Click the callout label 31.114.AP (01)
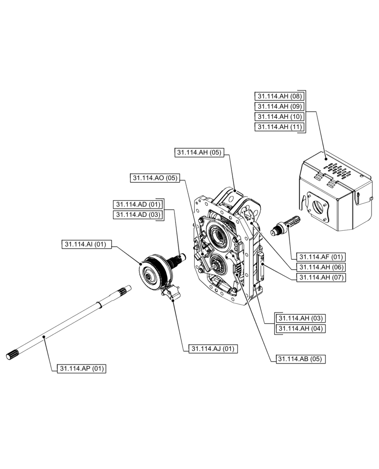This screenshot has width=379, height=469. pyautogui.click(x=82, y=369)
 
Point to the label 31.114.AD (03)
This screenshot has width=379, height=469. pyautogui.click(x=137, y=214)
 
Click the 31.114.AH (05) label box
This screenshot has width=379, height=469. pyautogui.click(x=199, y=152)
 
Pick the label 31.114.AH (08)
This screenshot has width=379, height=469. pyautogui.click(x=279, y=96)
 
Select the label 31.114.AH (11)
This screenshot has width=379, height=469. pyautogui.click(x=279, y=127)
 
